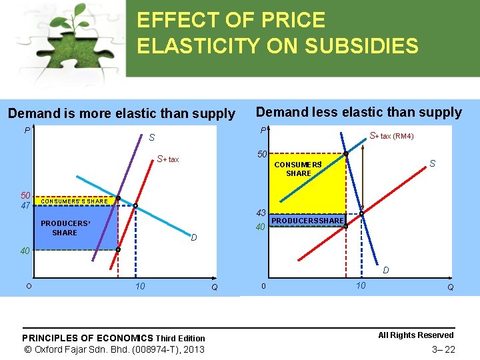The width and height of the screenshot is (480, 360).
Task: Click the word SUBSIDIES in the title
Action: coord(360,46)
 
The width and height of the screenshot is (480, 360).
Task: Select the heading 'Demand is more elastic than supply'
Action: coord(121,114)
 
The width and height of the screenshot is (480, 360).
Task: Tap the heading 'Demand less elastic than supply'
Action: coord(359,112)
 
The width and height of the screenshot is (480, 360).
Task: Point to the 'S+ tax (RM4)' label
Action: coord(391,136)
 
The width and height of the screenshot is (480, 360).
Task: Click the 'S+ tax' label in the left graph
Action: coord(168,159)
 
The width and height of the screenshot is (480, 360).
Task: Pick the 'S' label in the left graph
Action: coord(152,138)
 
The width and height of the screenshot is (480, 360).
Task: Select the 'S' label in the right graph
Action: coord(433,163)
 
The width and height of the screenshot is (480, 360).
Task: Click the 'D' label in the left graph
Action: coord(193,238)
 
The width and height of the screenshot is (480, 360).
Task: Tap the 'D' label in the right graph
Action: coord(385,270)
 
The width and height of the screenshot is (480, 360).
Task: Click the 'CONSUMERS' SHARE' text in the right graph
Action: coord(298,169)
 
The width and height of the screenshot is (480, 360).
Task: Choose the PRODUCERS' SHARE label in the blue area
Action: coord(65,228)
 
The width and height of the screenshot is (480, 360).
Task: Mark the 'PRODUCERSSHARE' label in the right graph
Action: coord(307,221)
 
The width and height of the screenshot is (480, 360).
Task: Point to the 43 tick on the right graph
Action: coord(261,213)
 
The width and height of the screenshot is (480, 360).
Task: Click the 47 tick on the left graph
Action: coord(25,205)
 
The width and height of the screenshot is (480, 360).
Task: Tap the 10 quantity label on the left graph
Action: coord(140,287)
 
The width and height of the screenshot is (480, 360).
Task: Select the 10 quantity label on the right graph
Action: coord(360,285)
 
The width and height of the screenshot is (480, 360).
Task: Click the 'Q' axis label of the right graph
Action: coord(451,287)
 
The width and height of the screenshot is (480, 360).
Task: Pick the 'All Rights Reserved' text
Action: coord(415,335)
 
